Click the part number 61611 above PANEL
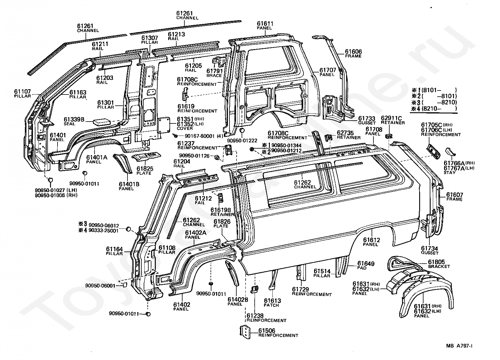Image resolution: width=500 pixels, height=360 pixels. click(x=265, y=23)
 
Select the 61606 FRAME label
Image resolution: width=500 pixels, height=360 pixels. click(x=353, y=54)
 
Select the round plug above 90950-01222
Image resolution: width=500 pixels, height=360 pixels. click(x=242, y=130)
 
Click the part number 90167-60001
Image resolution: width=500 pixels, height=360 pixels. click(x=200, y=136)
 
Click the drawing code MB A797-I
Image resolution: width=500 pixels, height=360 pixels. click(x=459, y=346)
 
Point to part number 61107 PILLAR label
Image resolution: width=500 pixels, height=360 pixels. click(x=23, y=94)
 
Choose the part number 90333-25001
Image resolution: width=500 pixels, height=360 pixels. click(x=104, y=231)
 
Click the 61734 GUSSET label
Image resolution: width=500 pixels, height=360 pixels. click(x=430, y=250)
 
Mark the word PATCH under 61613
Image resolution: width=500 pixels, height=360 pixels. click(x=271, y=305)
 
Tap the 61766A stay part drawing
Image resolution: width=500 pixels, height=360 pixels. click(x=450, y=151)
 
